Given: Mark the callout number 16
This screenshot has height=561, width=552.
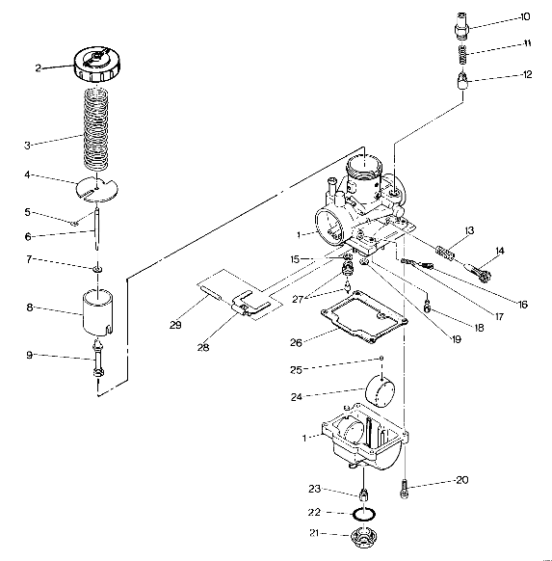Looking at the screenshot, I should pos(522,305).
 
